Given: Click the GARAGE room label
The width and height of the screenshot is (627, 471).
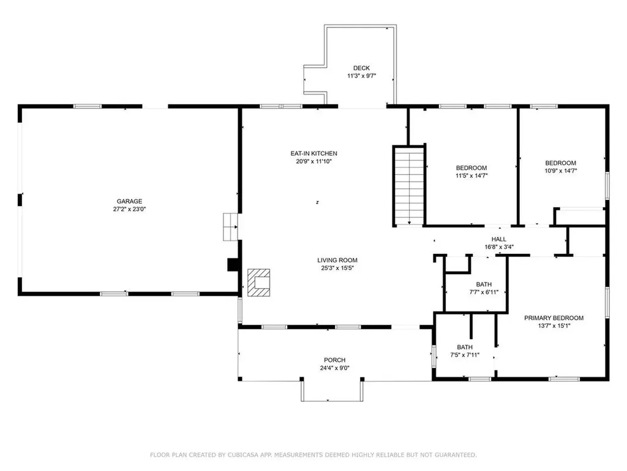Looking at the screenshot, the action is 129,201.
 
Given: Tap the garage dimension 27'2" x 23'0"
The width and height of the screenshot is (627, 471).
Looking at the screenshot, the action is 129,209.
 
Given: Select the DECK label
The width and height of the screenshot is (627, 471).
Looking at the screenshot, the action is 361,68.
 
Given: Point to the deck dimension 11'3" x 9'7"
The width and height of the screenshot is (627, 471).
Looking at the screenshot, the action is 361,75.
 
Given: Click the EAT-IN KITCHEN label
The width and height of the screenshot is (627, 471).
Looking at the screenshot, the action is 314,153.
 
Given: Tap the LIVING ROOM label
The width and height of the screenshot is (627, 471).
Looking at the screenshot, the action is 337,260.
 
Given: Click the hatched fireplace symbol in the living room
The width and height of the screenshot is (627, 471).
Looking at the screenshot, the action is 259,283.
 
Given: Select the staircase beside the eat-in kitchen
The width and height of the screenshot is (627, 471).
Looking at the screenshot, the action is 409,186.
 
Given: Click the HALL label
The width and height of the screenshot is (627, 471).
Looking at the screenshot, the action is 498,239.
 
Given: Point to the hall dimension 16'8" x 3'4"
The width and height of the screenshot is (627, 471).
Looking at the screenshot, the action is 499,247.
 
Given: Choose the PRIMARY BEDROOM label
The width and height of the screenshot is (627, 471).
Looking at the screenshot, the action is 554,318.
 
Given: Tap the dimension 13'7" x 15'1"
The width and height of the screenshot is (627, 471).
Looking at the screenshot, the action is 554,326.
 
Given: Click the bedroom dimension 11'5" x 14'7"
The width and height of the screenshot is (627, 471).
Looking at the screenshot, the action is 472,175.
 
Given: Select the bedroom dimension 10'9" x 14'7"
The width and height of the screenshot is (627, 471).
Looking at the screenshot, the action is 561,170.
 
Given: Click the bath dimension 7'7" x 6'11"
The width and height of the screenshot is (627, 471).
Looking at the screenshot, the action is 484,293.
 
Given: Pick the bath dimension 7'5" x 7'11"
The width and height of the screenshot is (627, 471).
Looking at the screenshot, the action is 465,355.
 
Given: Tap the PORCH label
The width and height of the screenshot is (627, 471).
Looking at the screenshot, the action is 335,360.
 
